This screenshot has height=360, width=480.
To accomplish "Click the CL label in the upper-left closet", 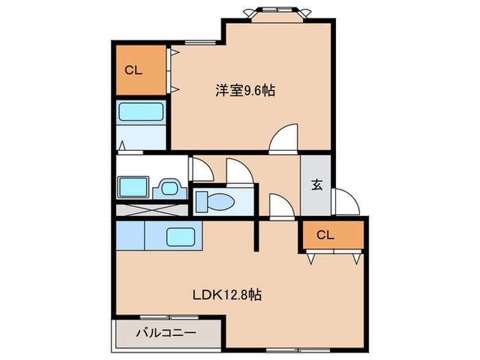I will [x=133, y=70].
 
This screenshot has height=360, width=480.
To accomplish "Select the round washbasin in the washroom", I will [x=168, y=187].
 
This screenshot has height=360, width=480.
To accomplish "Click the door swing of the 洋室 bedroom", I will [x=283, y=139].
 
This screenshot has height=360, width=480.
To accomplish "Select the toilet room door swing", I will [x=239, y=171].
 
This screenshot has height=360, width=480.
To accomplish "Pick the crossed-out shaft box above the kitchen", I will [x=150, y=211].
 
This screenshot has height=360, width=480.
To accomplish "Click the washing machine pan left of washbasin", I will [x=133, y=187].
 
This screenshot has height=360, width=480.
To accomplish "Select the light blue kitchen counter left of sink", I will [x=131, y=236].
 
